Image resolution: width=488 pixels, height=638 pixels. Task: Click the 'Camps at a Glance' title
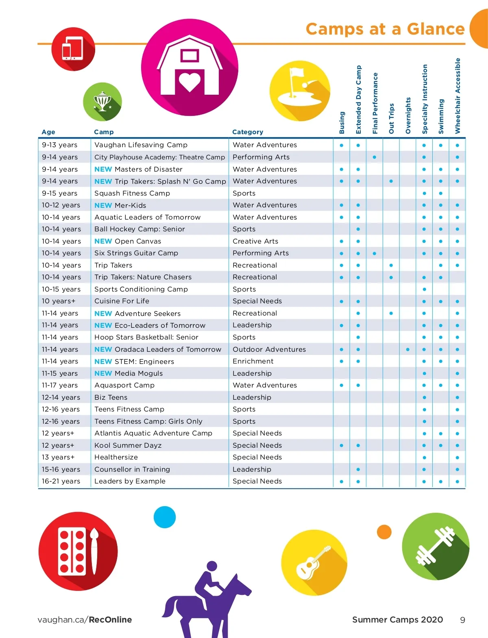pos(385,29)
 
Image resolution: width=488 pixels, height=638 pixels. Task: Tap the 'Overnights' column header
pos(408,115)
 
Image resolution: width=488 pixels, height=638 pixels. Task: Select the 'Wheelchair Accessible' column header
pos(457,96)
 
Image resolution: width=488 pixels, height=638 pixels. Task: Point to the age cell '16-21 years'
pos(61,481)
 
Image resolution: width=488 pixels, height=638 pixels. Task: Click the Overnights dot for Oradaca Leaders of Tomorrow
pos(407,349)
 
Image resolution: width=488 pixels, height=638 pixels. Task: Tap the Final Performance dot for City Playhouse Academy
pos(374,157)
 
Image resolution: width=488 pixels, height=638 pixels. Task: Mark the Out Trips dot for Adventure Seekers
pos(391,313)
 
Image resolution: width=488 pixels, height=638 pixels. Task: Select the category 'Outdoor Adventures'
pos(269,349)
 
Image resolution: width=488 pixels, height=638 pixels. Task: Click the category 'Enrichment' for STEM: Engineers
pos(253,361)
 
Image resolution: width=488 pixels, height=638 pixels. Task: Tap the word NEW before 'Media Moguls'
pos(103,373)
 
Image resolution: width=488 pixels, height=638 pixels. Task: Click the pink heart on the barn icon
pos(190,82)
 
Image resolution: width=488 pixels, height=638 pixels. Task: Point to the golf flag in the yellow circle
pos(296,73)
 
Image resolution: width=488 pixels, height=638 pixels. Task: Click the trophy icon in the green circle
pos(102,101)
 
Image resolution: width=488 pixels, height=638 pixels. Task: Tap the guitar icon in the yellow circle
pos(312,562)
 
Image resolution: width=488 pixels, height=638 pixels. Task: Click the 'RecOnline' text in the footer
pos(110,620)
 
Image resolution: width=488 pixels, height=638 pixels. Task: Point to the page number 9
pos(462,620)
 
